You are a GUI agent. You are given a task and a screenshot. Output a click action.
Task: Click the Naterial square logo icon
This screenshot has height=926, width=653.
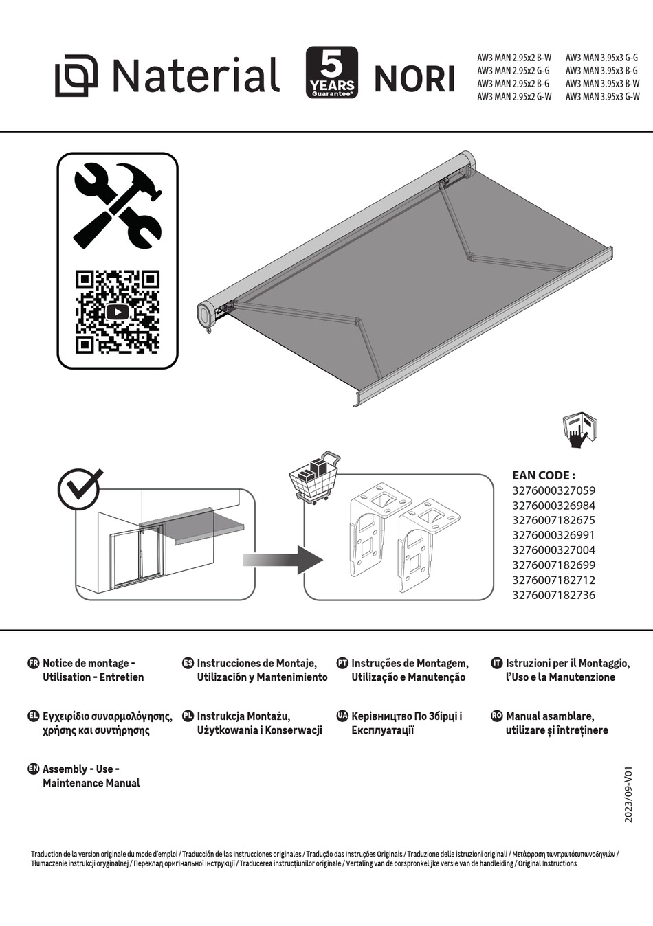coord(76,76)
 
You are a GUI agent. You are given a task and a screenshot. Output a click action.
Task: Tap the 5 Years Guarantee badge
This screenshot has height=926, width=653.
coord(331,73)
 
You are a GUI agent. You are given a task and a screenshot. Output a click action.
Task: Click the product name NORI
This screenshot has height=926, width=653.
coord(414,79)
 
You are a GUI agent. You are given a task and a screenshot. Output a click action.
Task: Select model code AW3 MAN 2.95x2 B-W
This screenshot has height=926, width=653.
coord(514,58)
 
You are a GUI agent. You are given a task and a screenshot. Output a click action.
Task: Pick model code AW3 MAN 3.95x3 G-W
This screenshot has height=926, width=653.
coord(602,97)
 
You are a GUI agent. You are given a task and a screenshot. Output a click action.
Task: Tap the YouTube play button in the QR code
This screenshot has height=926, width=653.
coord(118,312)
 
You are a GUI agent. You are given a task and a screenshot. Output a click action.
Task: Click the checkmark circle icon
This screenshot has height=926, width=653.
coord(78,489)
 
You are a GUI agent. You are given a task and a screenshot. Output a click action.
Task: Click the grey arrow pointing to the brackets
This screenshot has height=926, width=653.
coord(282,560)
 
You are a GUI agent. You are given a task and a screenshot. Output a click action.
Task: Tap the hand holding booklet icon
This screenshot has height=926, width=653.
coord(579,431)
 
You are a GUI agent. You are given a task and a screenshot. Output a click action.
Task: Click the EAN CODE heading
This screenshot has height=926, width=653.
coord(543,475)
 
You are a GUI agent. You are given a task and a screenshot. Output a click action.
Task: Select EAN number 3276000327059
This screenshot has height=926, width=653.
coord(553,490)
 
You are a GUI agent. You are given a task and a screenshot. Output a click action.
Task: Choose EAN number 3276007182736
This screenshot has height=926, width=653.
coord(553,595)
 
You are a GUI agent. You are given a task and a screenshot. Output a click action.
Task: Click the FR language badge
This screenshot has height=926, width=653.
coord(33,663)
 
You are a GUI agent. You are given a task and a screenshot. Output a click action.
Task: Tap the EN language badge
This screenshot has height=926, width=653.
coord(33,769)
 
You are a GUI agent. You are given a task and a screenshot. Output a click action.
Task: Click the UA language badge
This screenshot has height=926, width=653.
coord(342,716)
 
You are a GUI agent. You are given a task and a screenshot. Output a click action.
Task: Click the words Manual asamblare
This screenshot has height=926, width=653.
coord(550,716)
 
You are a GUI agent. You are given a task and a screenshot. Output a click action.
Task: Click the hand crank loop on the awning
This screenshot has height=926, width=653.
coord(208,330)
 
